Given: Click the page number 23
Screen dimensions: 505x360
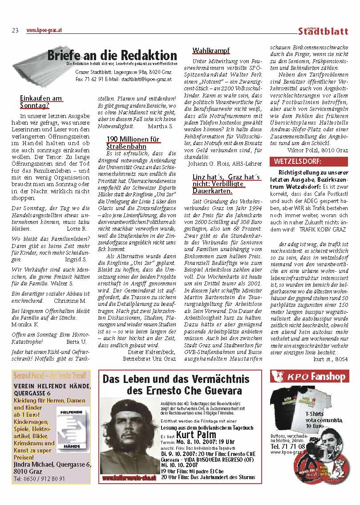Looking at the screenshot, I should coord(15,30).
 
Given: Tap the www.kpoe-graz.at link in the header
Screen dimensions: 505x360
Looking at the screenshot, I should coord(44,30).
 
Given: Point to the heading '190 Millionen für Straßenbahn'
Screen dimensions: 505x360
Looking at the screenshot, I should coord(133,143).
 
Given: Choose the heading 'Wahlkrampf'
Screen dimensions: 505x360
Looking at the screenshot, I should coord(210,50).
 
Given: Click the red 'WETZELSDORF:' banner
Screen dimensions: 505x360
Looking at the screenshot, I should coord(298,161).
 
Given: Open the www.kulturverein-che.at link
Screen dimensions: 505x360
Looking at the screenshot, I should coord(129,477).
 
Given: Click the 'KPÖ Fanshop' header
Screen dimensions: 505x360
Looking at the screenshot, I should coord(309,377).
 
